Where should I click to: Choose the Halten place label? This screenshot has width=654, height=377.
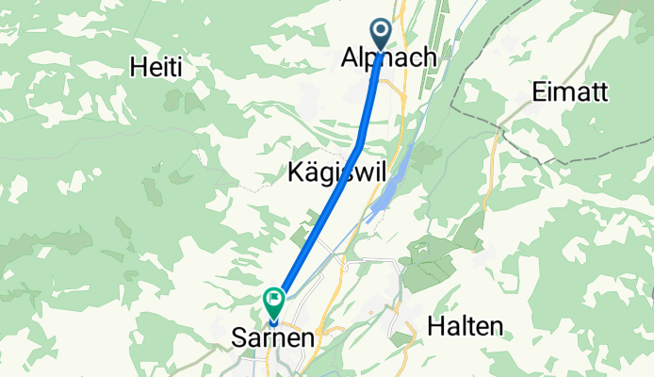coord(464,326)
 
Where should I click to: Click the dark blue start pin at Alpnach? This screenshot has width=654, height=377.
coord(382,32)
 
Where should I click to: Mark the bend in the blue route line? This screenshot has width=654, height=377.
coord(361,144)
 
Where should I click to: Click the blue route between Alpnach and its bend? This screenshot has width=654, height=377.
coord(371,99)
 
